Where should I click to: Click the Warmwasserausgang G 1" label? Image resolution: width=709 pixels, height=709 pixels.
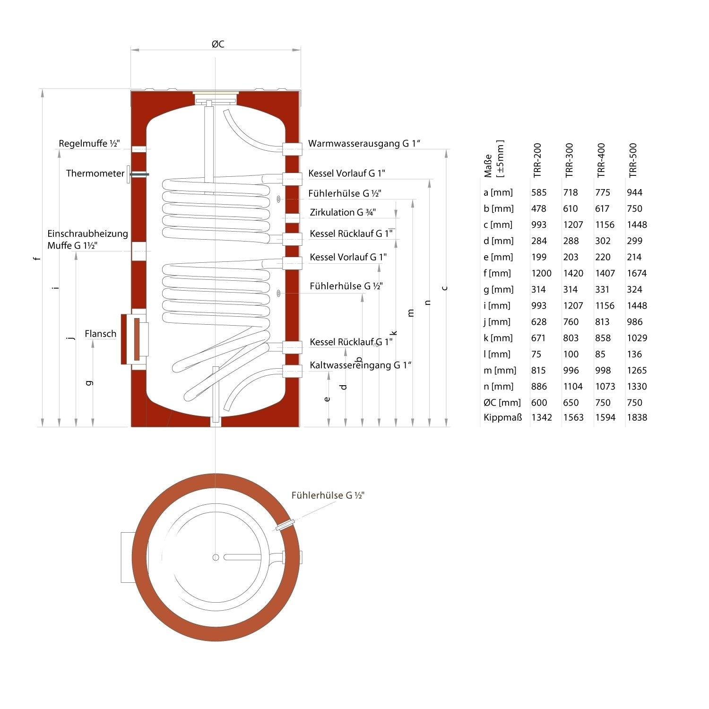click(364, 143)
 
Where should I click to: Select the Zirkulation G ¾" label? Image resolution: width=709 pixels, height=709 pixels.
click(343, 212)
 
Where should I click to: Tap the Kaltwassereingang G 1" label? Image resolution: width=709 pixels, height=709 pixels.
click(361, 365)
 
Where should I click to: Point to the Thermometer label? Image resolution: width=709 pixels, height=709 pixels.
click(95, 173)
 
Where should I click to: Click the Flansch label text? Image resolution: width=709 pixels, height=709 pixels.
click(100, 334)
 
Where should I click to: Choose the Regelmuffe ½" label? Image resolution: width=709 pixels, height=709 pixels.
click(89, 143)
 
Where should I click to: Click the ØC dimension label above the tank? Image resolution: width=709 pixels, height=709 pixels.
click(218, 44)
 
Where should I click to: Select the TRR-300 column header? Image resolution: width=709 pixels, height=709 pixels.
click(569, 160)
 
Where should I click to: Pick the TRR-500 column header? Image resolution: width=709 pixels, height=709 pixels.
click(633, 160)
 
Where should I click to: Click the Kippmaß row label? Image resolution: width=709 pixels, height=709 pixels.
click(502, 417)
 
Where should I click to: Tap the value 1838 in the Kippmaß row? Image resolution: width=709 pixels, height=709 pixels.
click(637, 417)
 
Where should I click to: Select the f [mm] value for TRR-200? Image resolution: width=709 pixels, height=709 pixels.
click(541, 273)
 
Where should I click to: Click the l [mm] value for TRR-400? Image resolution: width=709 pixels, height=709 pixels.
click(602, 354)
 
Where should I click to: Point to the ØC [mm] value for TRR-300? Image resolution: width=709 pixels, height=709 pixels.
click(571, 403)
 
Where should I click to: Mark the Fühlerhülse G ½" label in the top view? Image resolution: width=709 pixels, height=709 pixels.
click(328, 495)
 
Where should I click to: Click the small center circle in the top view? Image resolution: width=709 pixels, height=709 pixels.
click(216, 557)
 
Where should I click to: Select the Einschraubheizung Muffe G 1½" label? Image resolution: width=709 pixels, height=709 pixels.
click(87, 240)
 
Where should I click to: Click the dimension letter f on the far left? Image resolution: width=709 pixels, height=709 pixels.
click(37, 258)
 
